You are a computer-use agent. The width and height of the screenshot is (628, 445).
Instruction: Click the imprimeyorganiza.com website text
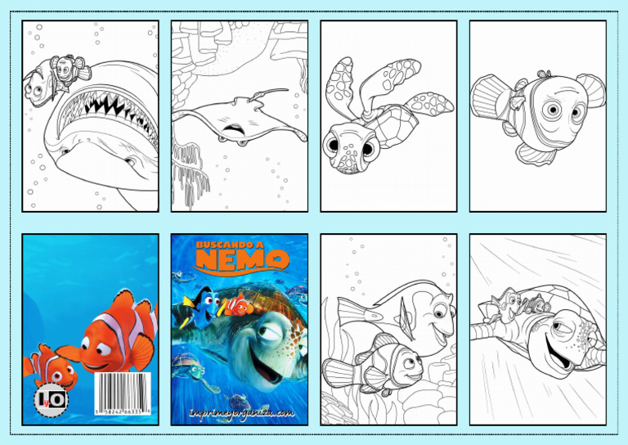240,414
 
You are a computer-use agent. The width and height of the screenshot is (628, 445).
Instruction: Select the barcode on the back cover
123,396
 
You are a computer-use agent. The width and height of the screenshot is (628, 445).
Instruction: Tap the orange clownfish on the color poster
236,306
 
